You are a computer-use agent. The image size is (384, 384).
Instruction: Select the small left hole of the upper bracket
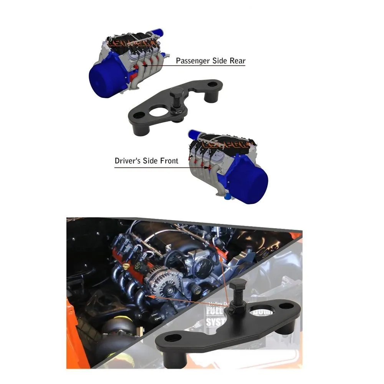point(139,114)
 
